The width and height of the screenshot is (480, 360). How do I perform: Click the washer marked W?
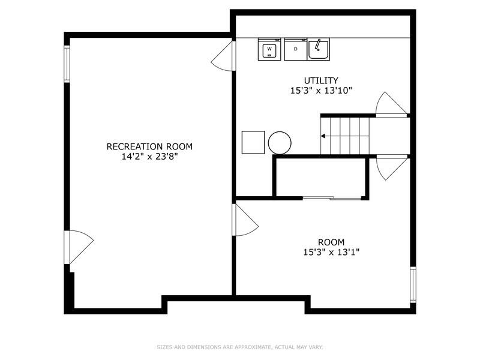[269, 49]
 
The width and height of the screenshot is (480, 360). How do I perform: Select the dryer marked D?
[295, 49]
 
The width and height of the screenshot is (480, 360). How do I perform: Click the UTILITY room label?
[320, 80]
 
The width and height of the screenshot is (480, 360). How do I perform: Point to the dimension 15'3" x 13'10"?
[320, 91]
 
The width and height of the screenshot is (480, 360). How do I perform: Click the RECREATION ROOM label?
[149, 146]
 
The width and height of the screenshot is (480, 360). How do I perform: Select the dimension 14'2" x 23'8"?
[149, 157]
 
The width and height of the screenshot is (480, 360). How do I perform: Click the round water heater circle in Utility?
[280, 143]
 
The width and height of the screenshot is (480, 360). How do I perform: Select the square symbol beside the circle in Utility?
[253, 142]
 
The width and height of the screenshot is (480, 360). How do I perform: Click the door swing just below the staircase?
[391, 167]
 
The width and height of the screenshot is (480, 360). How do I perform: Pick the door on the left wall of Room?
[244, 220]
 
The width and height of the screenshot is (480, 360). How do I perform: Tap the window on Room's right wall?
[412, 284]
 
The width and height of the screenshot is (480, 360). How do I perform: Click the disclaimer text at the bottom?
[239, 347]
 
